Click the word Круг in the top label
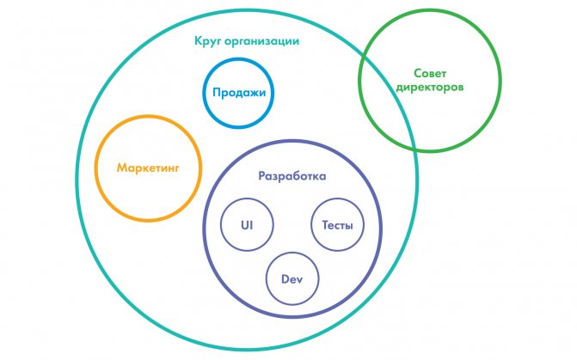207,41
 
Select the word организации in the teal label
261,41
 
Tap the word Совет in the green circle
430,73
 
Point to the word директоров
430,88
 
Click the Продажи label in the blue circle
239,92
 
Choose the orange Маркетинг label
148,168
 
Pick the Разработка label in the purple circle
292,176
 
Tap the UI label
247,225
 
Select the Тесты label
337,225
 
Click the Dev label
292,279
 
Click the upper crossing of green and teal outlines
363,55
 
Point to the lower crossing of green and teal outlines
415,149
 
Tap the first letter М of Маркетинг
122,168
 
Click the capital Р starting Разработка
262,176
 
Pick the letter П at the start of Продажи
217,92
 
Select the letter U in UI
245,225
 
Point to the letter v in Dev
299,281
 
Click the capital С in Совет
418,73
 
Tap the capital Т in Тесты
326,225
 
